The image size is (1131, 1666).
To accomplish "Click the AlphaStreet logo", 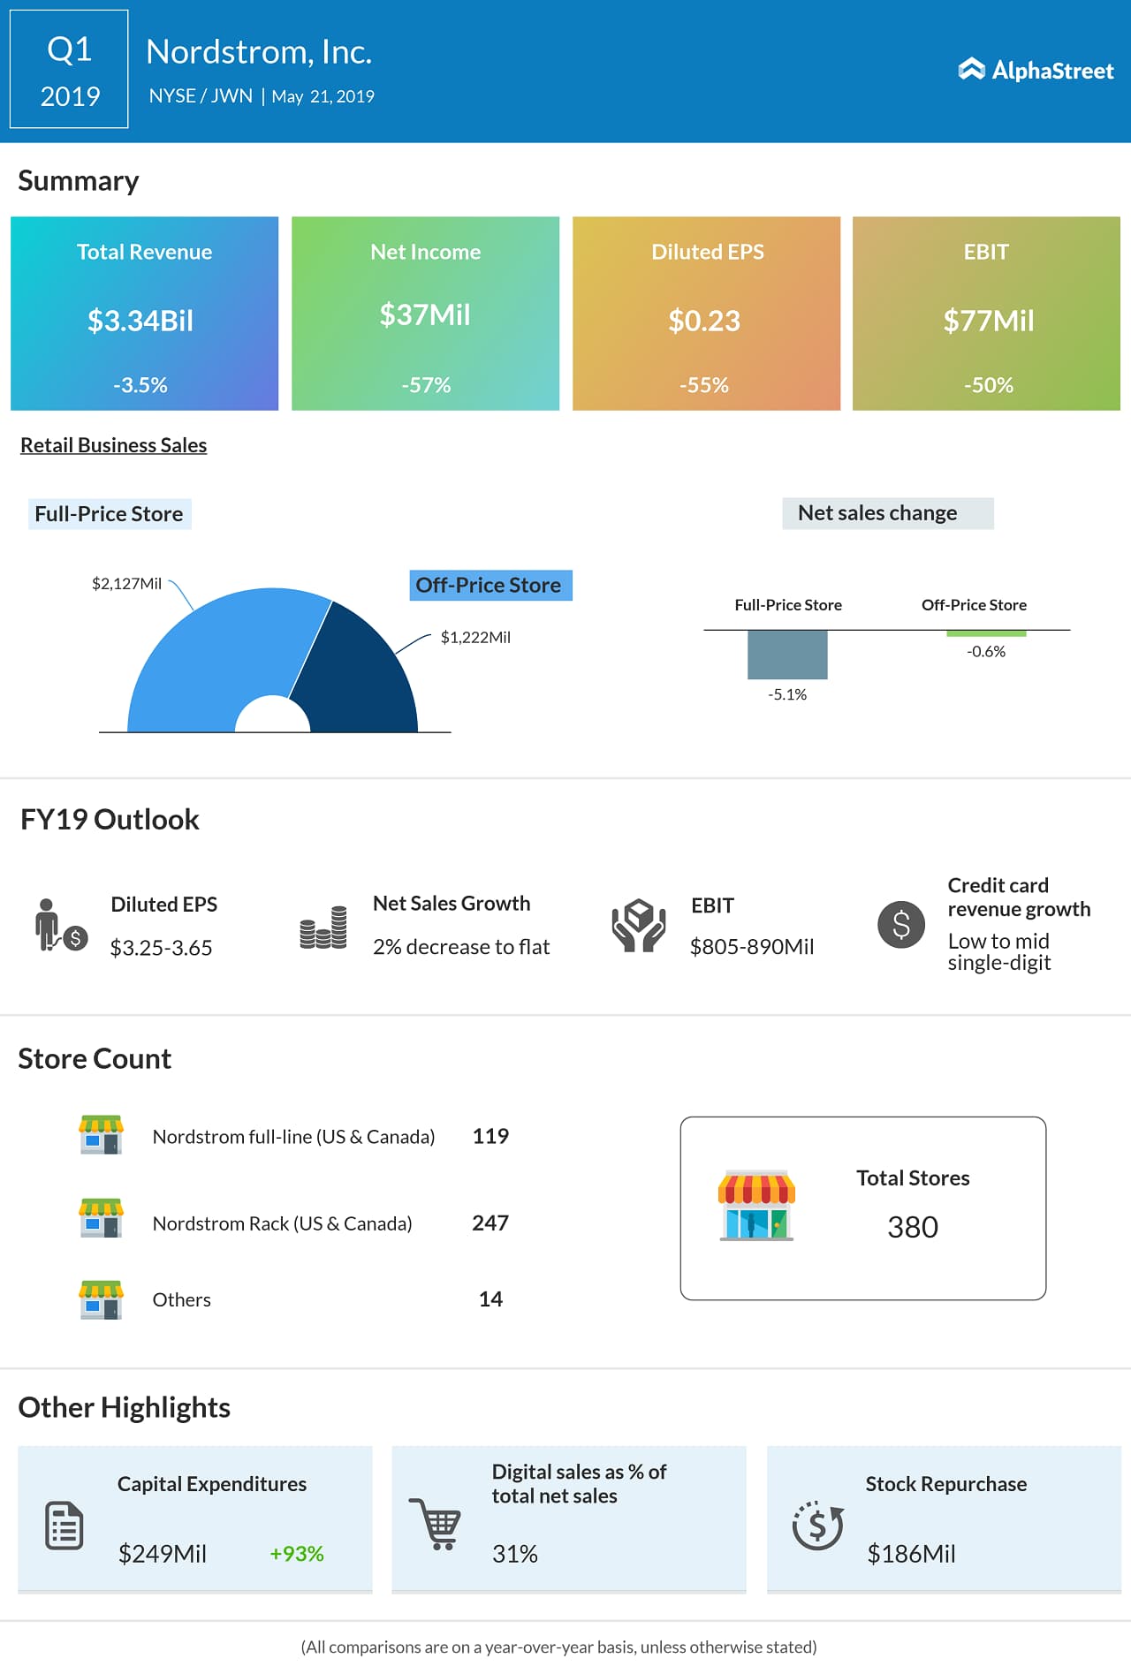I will [1036, 70].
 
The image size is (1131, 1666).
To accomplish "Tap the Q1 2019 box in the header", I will [69, 70].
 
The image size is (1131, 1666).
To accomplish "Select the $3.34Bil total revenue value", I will [140, 321].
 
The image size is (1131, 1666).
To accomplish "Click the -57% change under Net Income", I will [426, 385].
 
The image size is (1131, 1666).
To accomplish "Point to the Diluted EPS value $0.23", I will [704, 321].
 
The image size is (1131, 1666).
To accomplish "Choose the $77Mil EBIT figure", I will [988, 321].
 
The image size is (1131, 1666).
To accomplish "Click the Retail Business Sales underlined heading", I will [113, 445].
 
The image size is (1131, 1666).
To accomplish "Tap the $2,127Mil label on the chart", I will [126, 584].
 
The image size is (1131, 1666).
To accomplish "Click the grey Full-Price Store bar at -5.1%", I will [787, 655].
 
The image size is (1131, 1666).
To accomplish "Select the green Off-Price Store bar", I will [986, 633].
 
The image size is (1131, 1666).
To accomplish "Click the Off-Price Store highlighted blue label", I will [490, 586].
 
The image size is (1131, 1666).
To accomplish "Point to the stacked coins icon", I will [323, 928].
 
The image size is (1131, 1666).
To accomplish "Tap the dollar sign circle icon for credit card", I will [900, 925].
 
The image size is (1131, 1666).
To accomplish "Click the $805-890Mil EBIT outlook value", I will [752, 947].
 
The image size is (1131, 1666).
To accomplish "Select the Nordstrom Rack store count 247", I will [490, 1223].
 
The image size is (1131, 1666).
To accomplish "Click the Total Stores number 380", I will [912, 1227].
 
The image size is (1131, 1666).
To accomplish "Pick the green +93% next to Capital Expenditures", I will [297, 1554].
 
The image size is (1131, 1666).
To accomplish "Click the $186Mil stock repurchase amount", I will [911, 1554].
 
